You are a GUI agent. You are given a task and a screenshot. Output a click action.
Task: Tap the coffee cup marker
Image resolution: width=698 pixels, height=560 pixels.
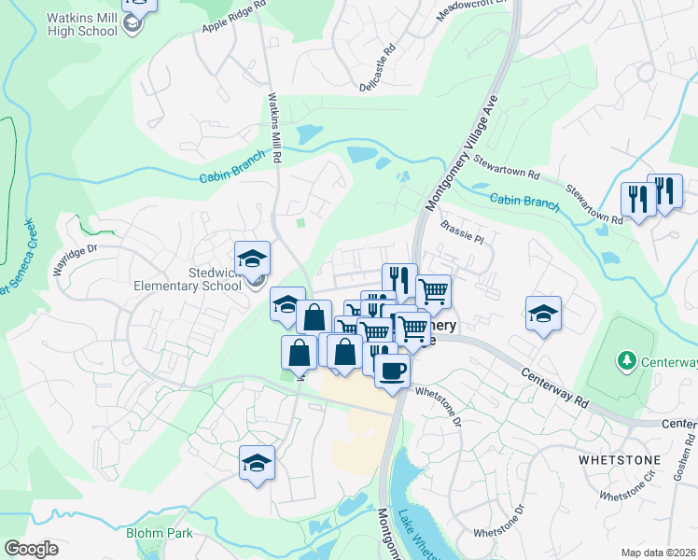point(392,369)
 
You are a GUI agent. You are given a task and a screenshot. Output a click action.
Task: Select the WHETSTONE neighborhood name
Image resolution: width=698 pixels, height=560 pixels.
point(619,460)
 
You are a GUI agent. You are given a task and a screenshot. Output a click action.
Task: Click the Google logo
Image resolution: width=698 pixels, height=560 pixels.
point(31,549)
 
